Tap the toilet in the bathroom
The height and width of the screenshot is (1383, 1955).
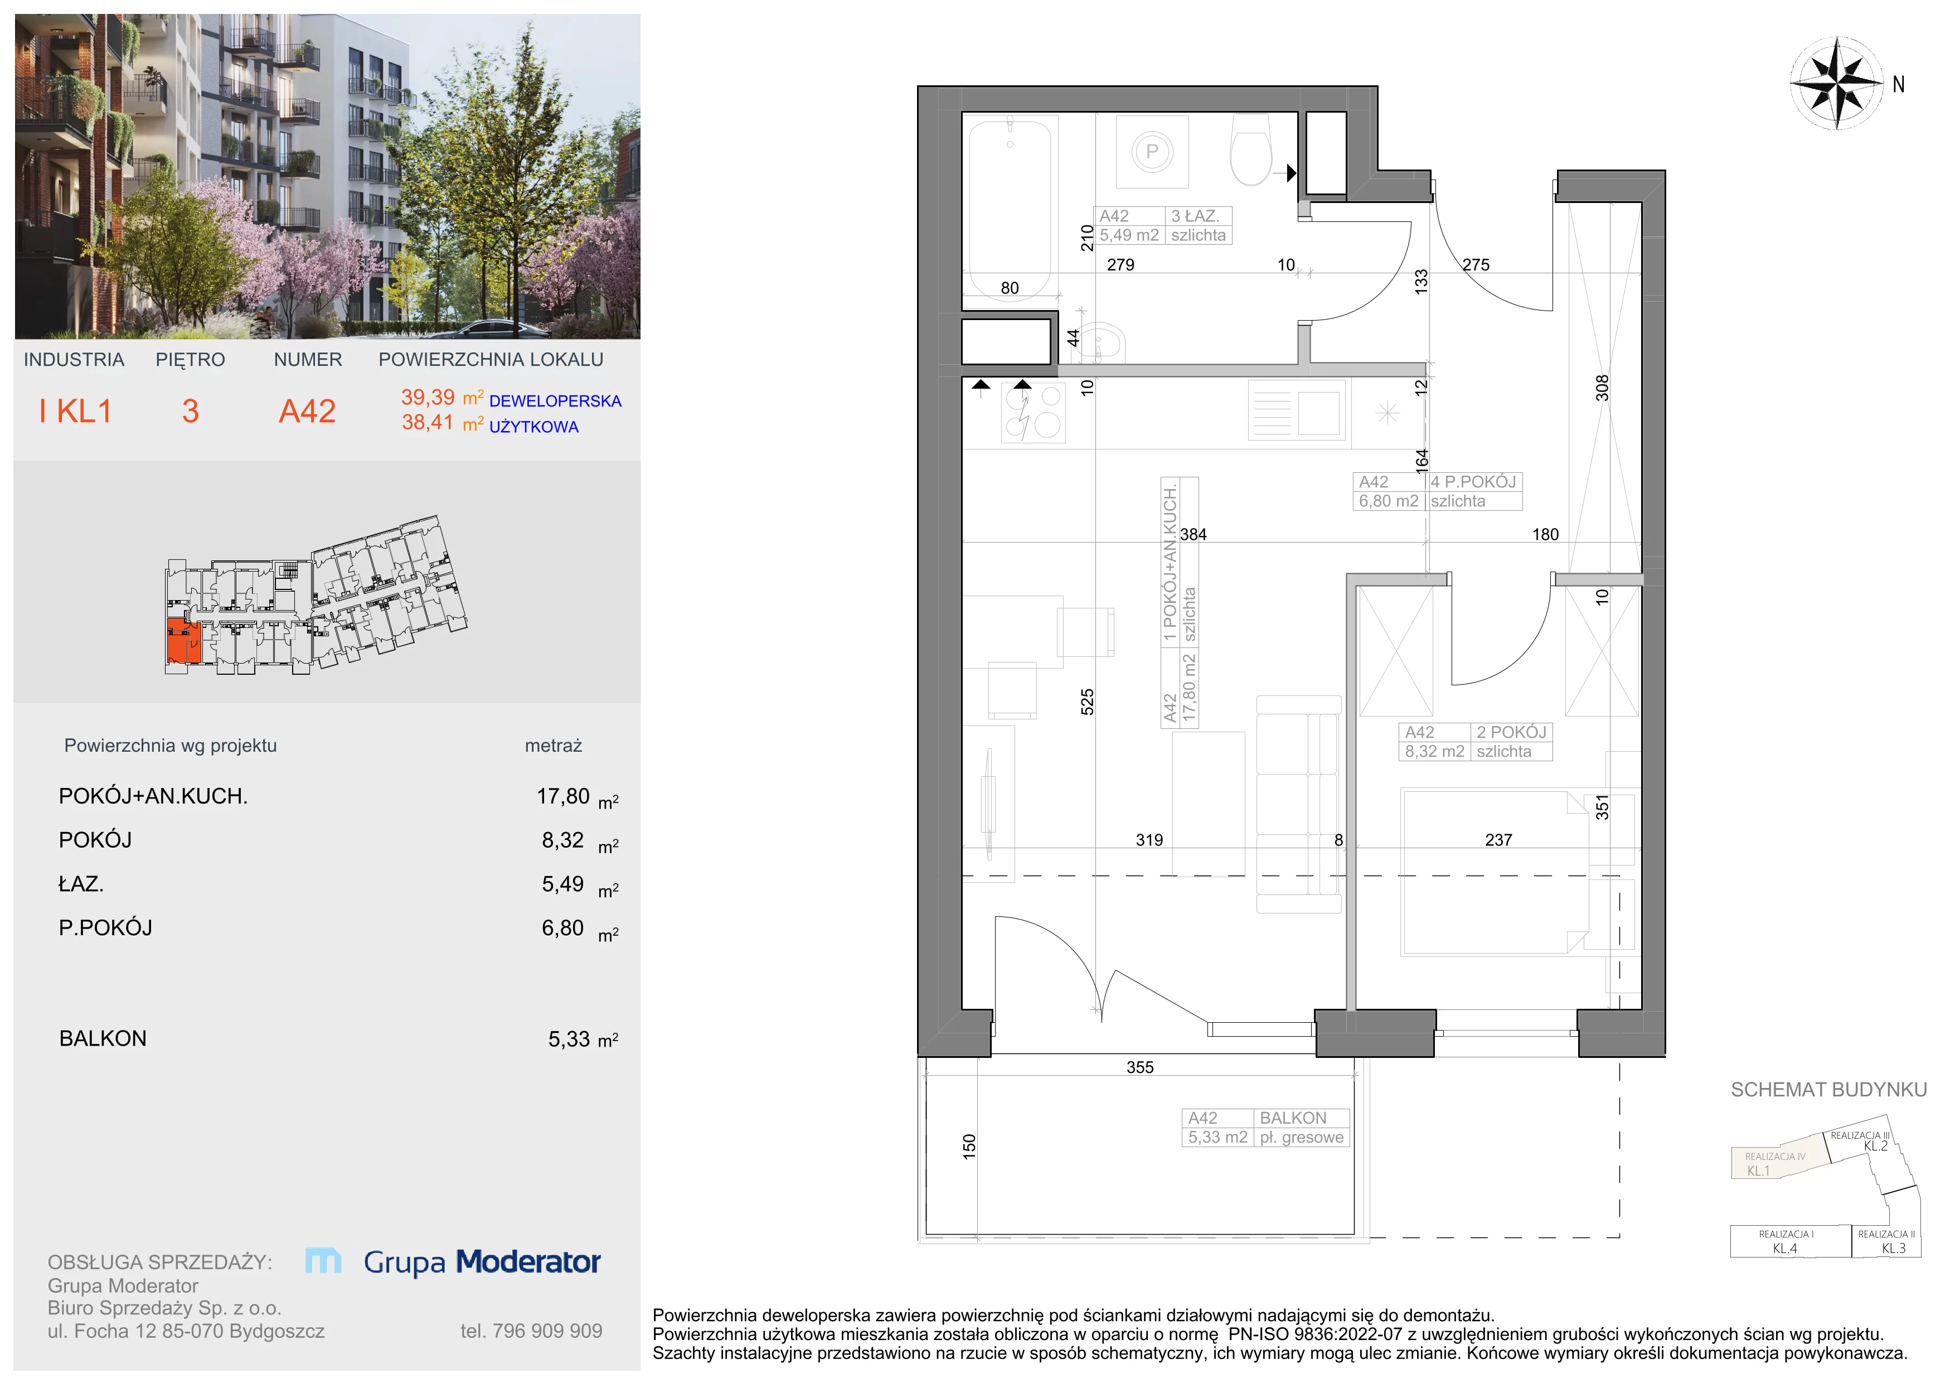(x=1251, y=150)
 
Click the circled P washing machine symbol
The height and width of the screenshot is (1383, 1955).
(x=1152, y=152)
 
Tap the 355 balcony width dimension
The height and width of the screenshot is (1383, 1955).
(x=1140, y=1067)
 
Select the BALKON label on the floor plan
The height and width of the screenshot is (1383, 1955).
(x=1293, y=1118)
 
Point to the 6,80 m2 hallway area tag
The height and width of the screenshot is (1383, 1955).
(x=1389, y=501)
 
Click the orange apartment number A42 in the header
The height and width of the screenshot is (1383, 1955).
(x=307, y=412)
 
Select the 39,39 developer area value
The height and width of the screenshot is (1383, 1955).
(x=428, y=397)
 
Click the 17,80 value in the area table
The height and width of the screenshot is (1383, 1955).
(x=563, y=796)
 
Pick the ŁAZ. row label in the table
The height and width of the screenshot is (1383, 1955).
(x=81, y=884)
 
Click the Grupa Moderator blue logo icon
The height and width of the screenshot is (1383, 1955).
(x=323, y=1261)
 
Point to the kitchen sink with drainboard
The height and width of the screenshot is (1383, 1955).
(x=1297, y=410)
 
